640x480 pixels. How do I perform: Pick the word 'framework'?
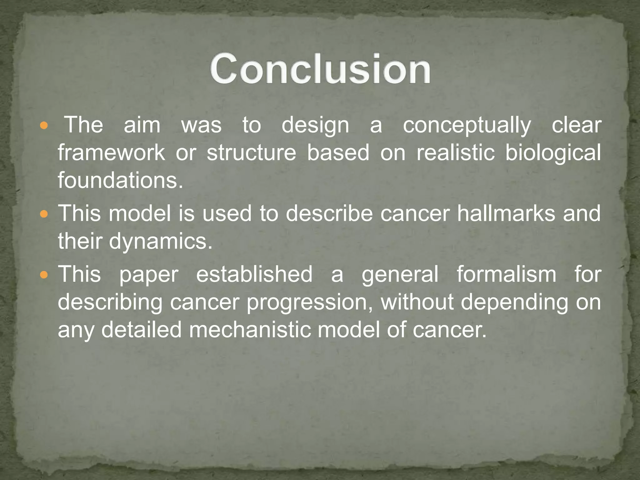tap(111, 153)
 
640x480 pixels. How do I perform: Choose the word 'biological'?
tap(553, 153)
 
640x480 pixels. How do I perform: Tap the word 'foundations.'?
tap(121, 180)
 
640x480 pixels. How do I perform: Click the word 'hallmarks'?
tap(506, 213)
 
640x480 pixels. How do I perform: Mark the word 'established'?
tap(254, 274)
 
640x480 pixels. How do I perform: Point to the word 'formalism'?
tap(506, 274)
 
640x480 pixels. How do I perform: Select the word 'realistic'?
tap(456, 153)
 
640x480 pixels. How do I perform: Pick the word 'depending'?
tap(514, 302)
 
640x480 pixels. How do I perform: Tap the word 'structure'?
tap(251, 153)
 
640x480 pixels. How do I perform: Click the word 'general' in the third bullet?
tap(400, 274)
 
